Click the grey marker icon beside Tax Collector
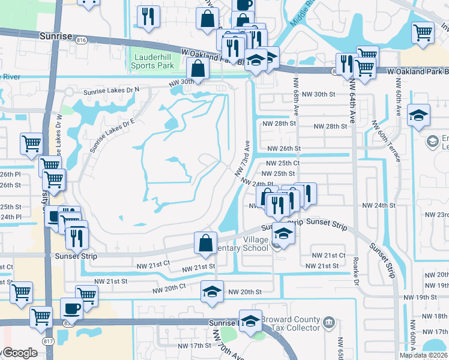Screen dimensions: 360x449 [x=328, y=323]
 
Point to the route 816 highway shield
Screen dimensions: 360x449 [x=82, y=40]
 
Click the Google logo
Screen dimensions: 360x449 [x=20, y=353]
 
